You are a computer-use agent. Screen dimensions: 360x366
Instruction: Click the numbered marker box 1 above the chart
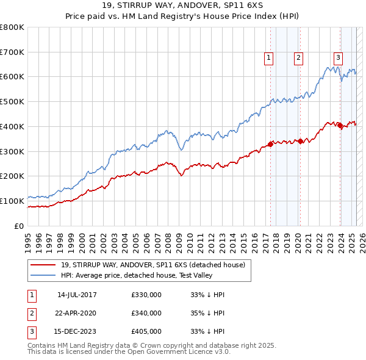[x=269, y=58]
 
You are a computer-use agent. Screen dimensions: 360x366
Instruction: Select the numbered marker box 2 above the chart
[x=298, y=58]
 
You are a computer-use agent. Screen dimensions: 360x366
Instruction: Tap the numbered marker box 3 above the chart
[x=338, y=58]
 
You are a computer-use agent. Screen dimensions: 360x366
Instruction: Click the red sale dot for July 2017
[x=270, y=145]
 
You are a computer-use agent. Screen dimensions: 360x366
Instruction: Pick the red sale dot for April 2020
[x=300, y=142]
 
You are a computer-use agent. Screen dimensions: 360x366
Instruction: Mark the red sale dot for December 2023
[x=340, y=126]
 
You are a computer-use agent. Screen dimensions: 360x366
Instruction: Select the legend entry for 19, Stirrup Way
[x=152, y=265]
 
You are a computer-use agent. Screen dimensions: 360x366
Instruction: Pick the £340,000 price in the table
[x=146, y=313]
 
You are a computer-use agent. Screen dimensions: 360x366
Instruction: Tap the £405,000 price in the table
[x=146, y=332]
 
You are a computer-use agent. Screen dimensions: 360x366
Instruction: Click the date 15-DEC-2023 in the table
[x=77, y=332]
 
